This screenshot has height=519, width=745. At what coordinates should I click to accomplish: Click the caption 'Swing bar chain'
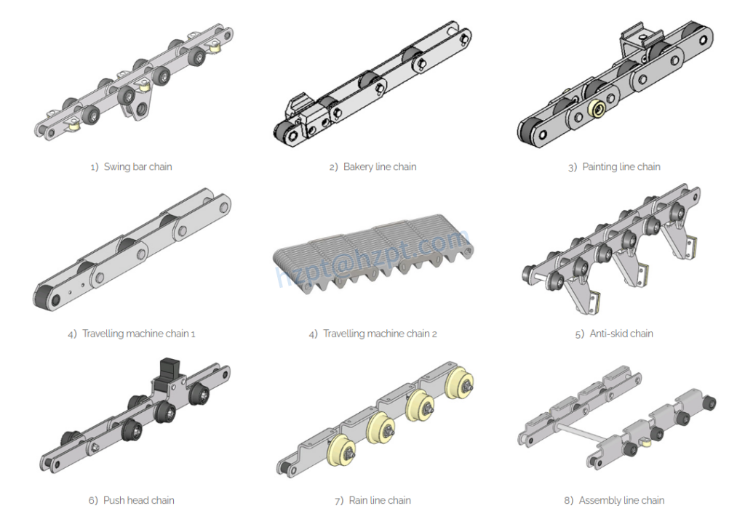point(138,166)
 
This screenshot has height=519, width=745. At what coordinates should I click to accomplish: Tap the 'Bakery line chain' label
point(379,166)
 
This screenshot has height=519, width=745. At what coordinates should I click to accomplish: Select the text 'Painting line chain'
point(621,166)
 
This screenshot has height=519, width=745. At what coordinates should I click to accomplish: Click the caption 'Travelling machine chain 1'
point(138,334)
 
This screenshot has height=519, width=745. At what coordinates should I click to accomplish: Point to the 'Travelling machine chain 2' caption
point(379,334)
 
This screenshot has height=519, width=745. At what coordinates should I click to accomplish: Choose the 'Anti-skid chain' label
point(621,334)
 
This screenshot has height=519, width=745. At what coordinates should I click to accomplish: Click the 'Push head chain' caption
point(138,500)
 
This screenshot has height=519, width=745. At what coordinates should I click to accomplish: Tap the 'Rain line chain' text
point(379,500)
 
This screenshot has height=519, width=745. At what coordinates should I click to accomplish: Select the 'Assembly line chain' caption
point(621,500)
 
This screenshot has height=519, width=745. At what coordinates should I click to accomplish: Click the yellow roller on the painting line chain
point(599,108)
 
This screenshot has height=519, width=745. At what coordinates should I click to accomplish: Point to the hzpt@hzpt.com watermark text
point(371,258)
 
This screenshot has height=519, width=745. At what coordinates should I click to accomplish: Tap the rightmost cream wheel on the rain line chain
point(460,383)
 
